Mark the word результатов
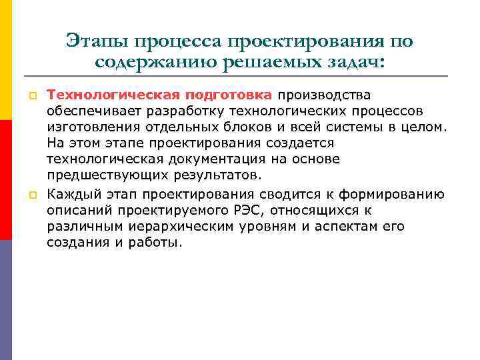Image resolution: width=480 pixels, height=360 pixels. tap(219, 175)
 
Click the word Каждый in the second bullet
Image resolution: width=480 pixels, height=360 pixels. tap(70, 194)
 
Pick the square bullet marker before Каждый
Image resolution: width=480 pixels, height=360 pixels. tap(31, 195)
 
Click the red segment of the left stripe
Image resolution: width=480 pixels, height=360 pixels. tap(6, 180)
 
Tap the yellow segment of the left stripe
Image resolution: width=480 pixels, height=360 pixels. tap(6, 60)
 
